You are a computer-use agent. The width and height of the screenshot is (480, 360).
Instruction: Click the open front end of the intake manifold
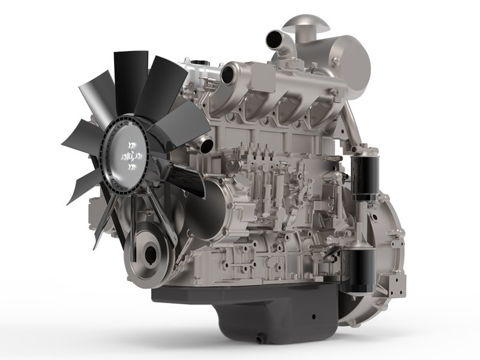[227, 76]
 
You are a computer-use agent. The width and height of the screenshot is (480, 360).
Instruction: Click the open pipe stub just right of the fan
[206, 144]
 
